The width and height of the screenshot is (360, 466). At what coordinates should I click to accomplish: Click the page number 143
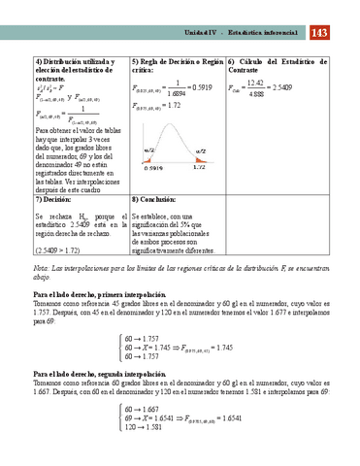click(321, 34)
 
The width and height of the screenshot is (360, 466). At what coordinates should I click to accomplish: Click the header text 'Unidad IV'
click(205, 35)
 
